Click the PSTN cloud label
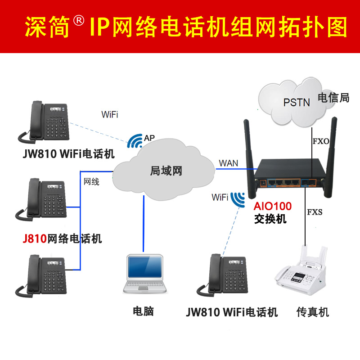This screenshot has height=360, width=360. [297, 102]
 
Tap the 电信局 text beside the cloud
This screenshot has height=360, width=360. [333, 98]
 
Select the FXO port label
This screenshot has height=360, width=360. [320, 141]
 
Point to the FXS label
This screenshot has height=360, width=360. [315, 212]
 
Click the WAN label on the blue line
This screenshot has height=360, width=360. [229, 162]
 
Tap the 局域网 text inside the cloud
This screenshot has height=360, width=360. [166, 171]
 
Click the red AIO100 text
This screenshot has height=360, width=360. [272, 207]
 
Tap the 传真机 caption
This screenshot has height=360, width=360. [313, 311]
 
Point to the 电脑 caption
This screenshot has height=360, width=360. [143, 311]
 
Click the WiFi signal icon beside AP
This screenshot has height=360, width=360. [134, 141]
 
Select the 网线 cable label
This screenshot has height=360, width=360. [91, 181]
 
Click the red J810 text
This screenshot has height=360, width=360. [35, 238]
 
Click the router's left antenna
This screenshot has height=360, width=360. [248, 148]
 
